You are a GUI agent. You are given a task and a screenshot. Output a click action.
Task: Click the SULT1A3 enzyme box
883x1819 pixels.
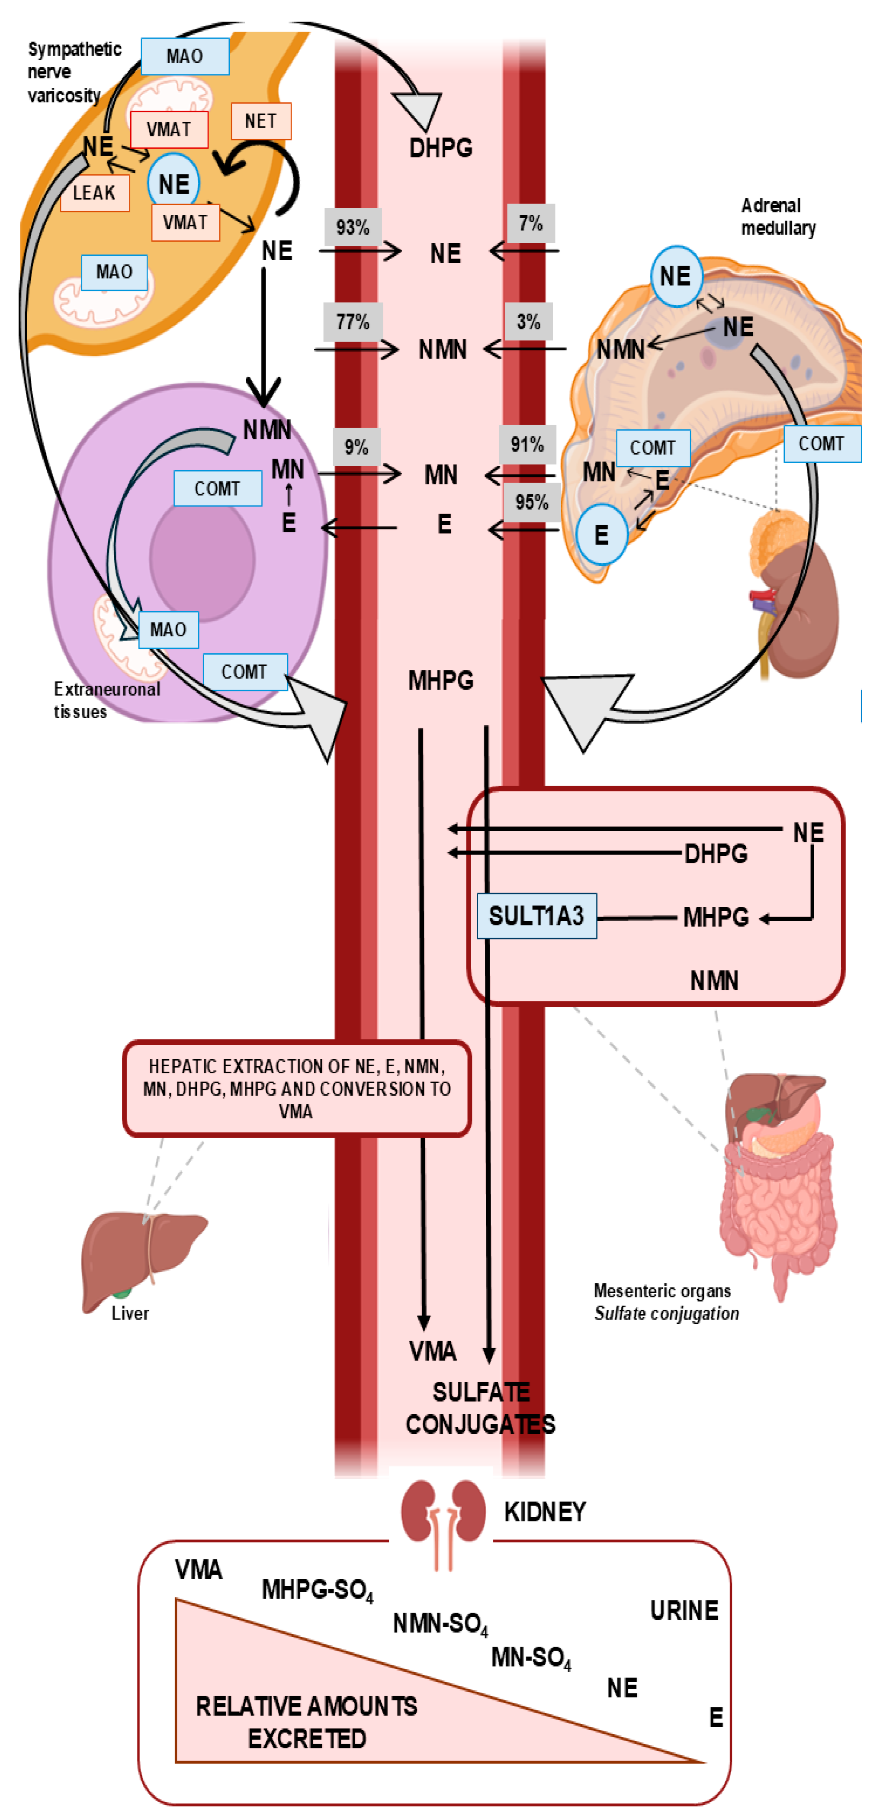(536, 916)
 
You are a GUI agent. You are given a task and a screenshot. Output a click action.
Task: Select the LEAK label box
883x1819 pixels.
(95, 193)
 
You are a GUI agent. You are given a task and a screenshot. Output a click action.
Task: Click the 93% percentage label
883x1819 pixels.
(353, 227)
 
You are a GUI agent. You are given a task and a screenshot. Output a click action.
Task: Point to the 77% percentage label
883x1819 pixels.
(353, 322)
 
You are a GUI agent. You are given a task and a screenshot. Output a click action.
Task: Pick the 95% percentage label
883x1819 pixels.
(532, 502)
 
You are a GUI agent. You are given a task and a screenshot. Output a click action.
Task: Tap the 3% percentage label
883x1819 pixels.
(529, 322)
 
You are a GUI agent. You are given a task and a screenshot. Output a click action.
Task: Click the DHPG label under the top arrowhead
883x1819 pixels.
(441, 148)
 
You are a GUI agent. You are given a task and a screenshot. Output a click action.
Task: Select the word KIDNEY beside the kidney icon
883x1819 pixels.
(545, 1512)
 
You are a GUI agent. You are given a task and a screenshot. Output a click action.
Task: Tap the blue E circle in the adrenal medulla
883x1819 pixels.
(601, 535)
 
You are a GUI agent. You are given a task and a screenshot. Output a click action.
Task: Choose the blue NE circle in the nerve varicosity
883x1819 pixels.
(173, 184)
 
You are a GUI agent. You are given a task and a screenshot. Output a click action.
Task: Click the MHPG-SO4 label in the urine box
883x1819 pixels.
(318, 1590)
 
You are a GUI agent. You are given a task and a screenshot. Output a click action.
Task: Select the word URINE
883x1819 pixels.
(684, 1611)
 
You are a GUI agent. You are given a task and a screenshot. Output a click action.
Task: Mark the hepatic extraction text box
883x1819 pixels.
(296, 1088)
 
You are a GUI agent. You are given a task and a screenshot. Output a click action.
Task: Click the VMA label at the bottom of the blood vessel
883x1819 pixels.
(433, 1351)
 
